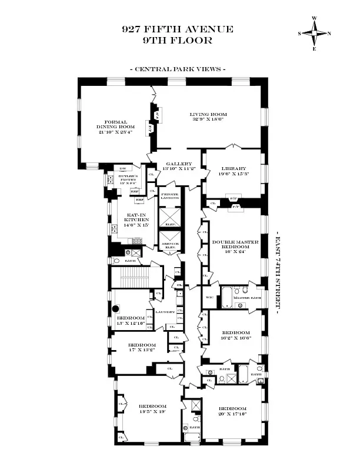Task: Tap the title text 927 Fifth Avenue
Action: (178, 29)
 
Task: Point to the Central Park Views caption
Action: (178, 69)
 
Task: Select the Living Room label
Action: (208, 116)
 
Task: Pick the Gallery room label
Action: (180, 167)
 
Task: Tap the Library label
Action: (234, 171)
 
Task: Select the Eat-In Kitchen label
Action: (134, 221)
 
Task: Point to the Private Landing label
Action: (170, 196)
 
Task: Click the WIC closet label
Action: (210, 297)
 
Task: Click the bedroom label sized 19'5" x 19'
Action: (152, 409)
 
